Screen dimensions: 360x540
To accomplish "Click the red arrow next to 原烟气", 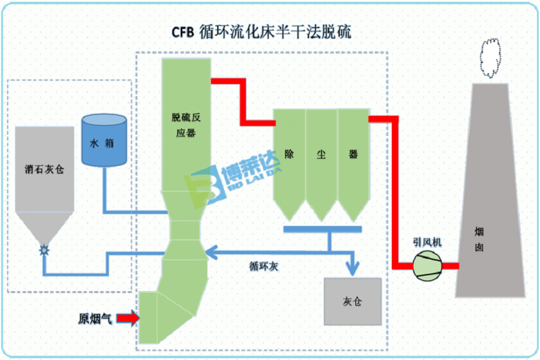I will (x=127, y=319).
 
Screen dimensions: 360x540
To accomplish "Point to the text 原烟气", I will (x=95, y=319).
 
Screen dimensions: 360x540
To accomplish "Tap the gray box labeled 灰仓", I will (x=352, y=301).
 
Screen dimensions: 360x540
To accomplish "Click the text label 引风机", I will (x=427, y=242).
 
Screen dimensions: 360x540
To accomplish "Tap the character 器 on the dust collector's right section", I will (x=353, y=155).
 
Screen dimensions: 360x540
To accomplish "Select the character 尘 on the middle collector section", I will (x=321, y=155).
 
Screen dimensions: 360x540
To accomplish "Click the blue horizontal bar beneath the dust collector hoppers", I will (x=322, y=229).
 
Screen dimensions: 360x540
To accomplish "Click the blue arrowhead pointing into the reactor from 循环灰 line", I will (x=209, y=253).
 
